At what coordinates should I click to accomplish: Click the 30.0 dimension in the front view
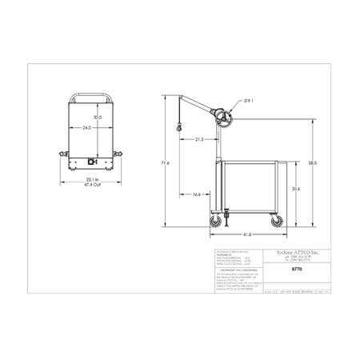tap(97, 117)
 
